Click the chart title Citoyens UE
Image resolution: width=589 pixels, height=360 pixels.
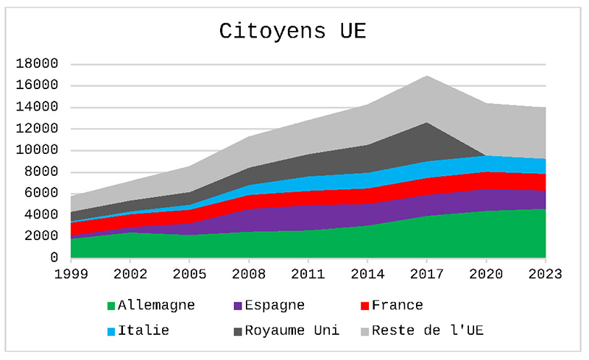point(292,32)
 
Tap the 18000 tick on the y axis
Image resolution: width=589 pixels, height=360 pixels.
point(36,64)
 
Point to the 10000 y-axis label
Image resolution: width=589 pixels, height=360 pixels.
point(36,150)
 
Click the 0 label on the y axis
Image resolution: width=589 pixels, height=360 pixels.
point(54,258)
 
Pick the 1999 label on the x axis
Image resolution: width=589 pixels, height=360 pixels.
point(71,274)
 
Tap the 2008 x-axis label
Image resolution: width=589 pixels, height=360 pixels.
point(249,274)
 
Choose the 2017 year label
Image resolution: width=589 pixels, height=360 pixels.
point(427,274)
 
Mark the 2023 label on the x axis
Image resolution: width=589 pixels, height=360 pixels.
point(546,274)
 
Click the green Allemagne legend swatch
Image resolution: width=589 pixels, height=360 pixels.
point(111,306)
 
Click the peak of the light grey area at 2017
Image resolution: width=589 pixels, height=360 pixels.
point(427,76)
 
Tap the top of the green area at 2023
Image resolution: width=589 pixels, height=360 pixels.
point(545,209)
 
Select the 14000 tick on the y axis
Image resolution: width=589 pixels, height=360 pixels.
point(36,107)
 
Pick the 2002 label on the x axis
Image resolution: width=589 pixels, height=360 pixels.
point(130,274)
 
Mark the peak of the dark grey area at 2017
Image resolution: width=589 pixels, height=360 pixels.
point(427,123)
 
